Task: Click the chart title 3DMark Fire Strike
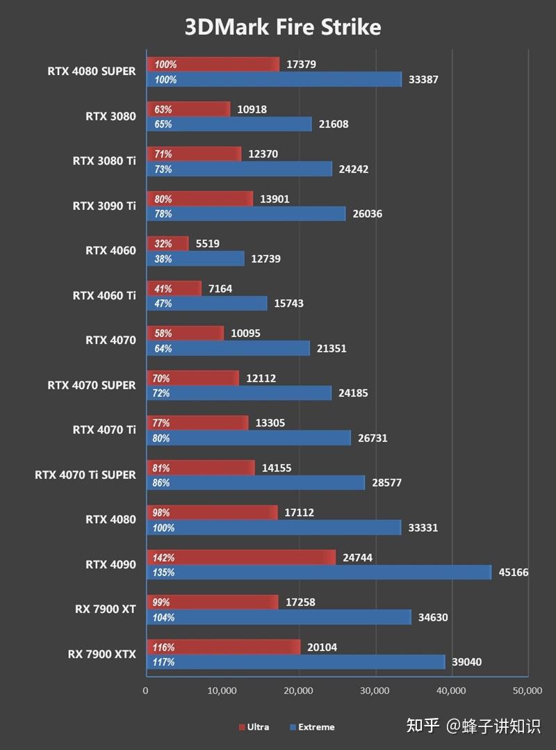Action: [282, 27]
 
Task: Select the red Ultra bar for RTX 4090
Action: [240, 557]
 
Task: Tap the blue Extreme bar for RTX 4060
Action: [195, 259]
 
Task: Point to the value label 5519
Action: [206, 244]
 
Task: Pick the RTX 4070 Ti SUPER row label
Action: [85, 475]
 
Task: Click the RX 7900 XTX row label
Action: [101, 654]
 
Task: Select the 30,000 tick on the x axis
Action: [375, 691]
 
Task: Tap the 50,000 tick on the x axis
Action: [527, 691]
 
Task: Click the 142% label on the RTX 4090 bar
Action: [165, 557]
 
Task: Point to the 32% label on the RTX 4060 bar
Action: [163, 244]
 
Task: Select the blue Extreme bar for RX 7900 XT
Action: [279, 617]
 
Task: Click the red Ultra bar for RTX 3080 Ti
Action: [194, 154]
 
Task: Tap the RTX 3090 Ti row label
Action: [104, 206]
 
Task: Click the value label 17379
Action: [300, 65]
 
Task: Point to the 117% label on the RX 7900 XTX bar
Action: [165, 662]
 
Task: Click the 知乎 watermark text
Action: [423, 726]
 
